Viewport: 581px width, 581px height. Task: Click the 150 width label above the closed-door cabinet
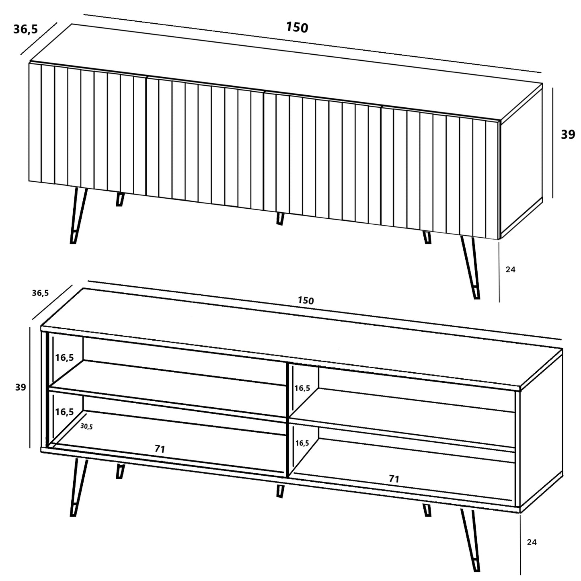297,27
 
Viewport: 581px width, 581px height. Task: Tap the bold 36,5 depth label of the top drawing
25,29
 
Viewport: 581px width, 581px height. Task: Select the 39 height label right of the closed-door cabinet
568,135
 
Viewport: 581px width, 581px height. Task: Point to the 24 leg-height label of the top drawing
510,269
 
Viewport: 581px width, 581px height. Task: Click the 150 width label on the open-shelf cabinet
306,300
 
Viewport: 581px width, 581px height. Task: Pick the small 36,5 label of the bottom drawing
40,293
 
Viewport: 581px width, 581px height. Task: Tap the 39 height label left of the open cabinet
21,387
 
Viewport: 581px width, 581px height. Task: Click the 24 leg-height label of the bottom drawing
532,542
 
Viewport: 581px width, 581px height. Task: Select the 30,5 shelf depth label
86,427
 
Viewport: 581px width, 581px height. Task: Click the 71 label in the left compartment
160,449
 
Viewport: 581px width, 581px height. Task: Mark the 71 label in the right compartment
394,478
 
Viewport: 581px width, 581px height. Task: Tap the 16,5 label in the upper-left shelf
64,357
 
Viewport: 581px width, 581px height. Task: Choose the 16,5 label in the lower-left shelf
64,412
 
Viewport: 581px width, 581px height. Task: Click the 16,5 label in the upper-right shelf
302,388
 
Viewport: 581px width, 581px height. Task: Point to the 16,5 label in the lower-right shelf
302,443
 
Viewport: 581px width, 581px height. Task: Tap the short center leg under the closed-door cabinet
280,218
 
